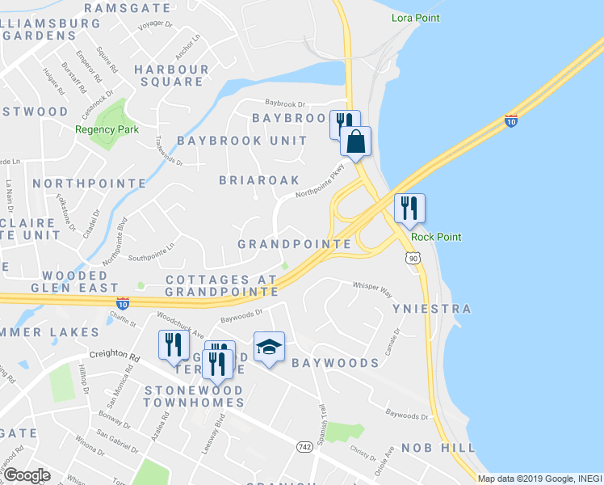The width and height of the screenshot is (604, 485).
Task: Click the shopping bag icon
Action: tap(355, 142)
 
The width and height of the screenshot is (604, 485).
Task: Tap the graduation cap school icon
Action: tap(269, 348)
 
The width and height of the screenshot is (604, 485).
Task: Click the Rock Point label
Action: tap(436, 237)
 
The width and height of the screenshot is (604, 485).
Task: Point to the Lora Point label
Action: tap(415, 17)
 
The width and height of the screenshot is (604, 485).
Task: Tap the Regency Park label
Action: tap(107, 129)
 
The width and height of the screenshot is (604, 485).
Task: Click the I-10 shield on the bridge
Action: tap(510, 120)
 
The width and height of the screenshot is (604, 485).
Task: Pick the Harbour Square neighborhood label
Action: tap(171, 75)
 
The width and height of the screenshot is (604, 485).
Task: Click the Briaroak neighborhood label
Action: tap(259, 180)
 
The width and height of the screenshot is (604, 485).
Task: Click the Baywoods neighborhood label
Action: tap(335, 364)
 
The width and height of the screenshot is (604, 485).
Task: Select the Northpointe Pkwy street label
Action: tap(320, 181)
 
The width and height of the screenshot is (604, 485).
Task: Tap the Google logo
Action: tap(27, 474)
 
